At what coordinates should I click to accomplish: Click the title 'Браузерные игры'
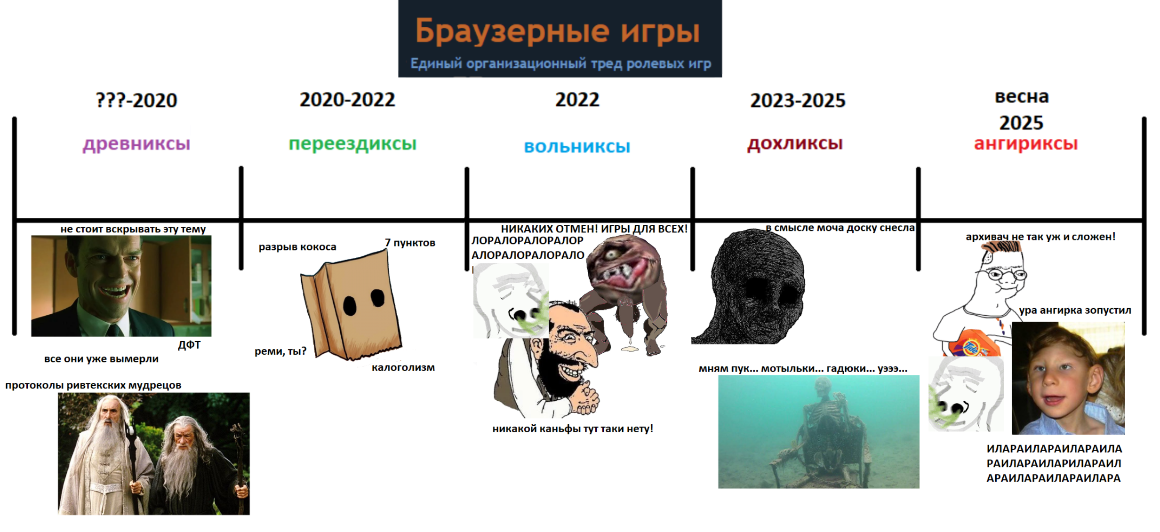(557, 32)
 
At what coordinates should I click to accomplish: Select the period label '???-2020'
(136, 100)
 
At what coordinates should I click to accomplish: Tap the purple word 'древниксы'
(136, 143)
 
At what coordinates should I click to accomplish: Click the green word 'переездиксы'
(352, 143)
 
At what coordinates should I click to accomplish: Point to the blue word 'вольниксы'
(577, 147)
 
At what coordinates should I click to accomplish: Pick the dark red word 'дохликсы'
(795, 143)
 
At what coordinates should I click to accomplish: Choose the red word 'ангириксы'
(1025, 143)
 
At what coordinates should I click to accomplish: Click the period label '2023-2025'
(798, 100)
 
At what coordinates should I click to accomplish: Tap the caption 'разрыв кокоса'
(297, 247)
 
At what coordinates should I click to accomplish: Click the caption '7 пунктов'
(410, 243)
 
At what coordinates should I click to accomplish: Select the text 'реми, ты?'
(280, 351)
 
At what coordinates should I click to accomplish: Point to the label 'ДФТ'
(189, 345)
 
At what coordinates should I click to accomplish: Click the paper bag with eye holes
(351, 305)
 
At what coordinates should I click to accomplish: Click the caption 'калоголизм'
(403, 367)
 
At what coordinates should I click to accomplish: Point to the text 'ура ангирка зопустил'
(1075, 310)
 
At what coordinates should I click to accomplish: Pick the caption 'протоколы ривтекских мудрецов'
(93, 385)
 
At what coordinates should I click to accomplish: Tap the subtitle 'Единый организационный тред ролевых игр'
(560, 64)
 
